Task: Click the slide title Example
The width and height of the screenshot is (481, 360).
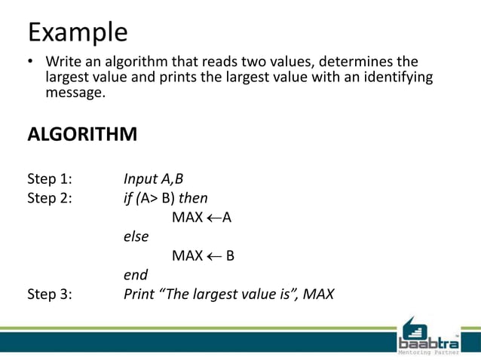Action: click(77, 32)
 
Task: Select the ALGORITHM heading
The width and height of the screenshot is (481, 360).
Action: click(82, 135)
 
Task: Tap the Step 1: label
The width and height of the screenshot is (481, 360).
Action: click(50, 179)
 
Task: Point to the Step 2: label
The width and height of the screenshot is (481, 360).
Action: click(50, 198)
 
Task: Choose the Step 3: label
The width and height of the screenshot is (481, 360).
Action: click(50, 294)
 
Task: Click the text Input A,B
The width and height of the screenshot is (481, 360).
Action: click(153, 179)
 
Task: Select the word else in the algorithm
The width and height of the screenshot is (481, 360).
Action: click(136, 236)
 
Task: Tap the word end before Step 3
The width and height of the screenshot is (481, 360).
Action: click(136, 275)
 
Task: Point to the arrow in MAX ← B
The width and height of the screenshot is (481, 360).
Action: click(215, 256)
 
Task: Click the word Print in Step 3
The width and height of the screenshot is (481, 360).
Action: click(140, 294)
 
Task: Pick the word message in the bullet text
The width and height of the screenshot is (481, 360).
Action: click(76, 93)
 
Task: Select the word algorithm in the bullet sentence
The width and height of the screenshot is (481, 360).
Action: click(130, 61)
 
